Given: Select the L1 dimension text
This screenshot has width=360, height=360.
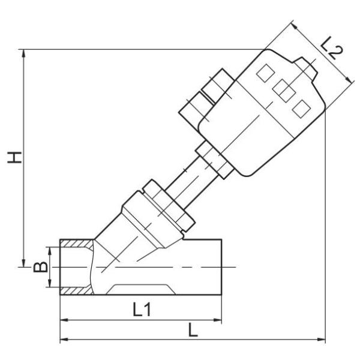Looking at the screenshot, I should [142, 310].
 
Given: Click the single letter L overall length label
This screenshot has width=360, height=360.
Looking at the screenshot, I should [191, 330].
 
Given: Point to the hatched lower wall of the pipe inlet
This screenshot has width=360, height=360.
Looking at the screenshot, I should [76, 290].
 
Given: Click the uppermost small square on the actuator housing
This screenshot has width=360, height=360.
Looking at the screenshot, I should [265, 74].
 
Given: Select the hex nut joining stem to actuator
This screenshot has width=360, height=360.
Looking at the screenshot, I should [213, 161].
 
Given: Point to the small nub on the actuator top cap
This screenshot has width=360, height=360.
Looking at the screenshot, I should [308, 68].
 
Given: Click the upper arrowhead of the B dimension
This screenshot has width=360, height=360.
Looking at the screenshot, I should [51, 250].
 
